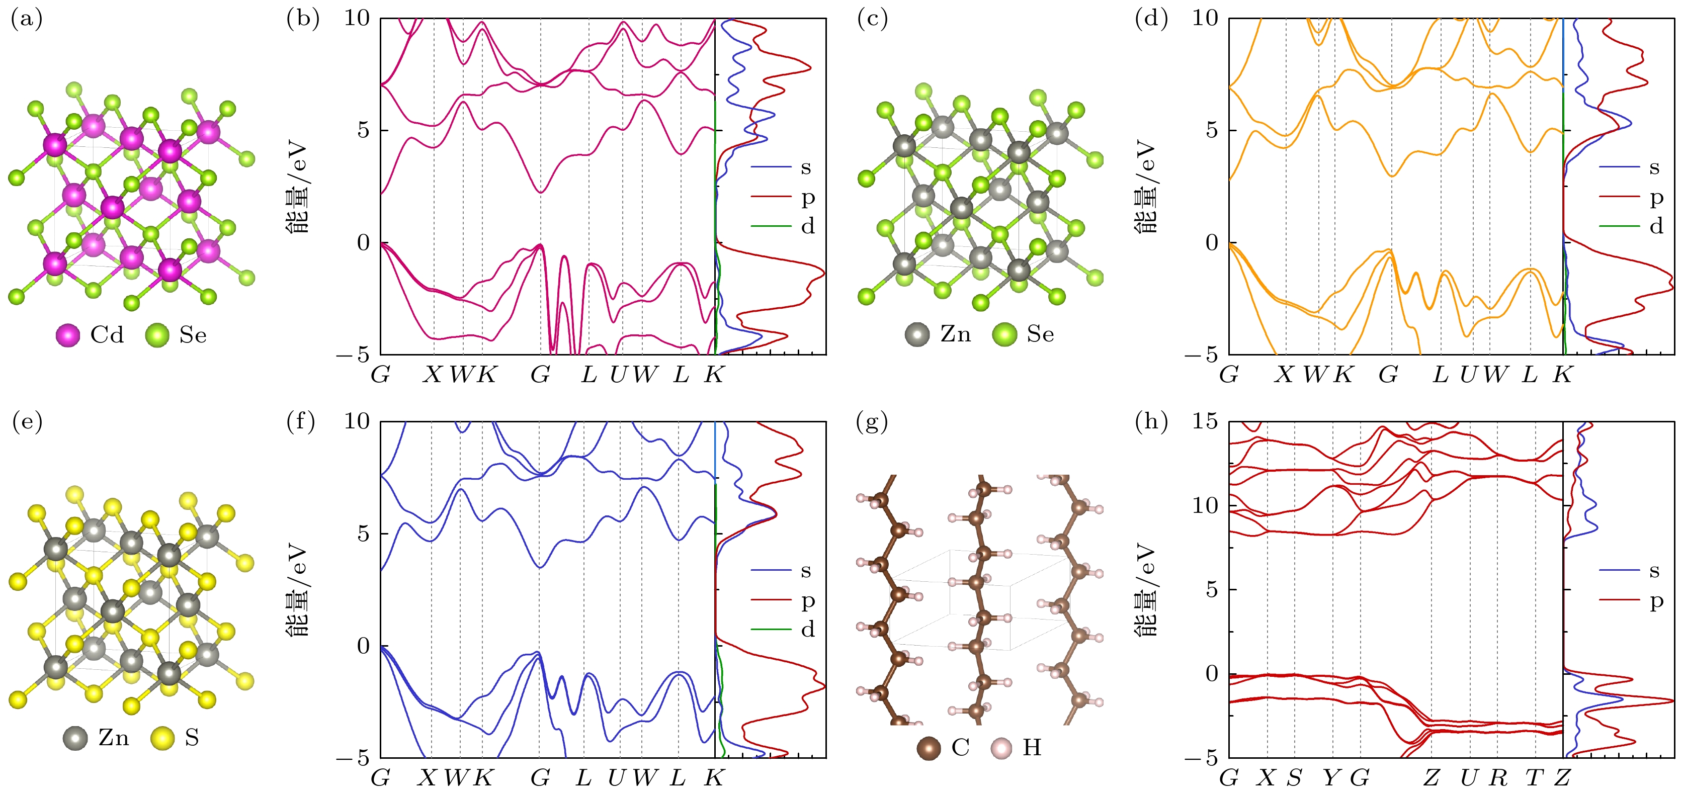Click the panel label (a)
click(27, 20)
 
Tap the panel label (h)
click(1151, 422)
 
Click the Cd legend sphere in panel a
click(68, 335)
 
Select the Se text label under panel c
click(1040, 334)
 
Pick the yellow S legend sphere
click(162, 738)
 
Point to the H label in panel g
click(1032, 747)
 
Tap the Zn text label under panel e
click(114, 738)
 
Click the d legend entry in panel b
click(807, 227)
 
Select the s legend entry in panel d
click(1654, 168)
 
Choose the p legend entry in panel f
click(807, 600)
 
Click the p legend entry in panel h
click(1655, 600)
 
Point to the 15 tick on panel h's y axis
click(1205, 421)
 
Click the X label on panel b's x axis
click(433, 375)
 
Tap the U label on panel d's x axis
click(1468, 375)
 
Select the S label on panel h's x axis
click(1295, 778)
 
